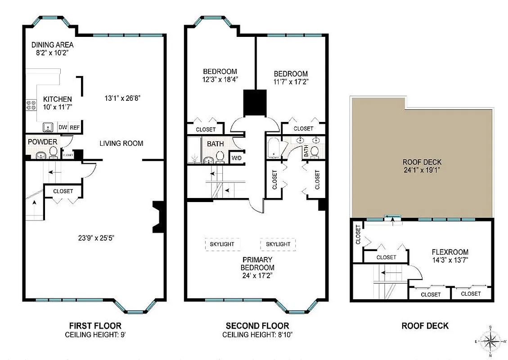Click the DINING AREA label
coord(52,45)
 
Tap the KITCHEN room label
coord(57,99)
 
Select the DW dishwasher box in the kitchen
coord(63,128)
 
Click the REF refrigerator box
coord(75,128)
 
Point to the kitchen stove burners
coord(31,105)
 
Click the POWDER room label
coord(43,142)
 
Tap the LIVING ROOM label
coord(121,143)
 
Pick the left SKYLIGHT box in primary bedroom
coord(222,244)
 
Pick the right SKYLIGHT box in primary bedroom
coord(278,244)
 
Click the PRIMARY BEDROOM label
coord(257,264)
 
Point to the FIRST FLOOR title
coord(95,326)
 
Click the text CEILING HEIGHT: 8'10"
coord(257,335)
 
